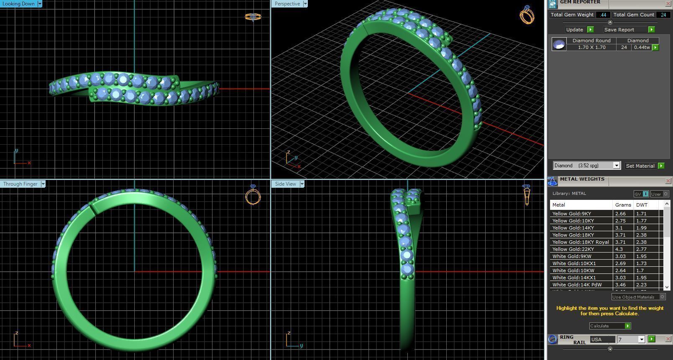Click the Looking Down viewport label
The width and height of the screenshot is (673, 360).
19,4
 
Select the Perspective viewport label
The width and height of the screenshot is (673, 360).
287,4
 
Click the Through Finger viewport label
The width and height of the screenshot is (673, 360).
20,184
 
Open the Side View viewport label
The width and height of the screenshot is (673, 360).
285,184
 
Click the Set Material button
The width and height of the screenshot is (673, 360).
640,166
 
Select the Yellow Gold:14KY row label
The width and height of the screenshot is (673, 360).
573,228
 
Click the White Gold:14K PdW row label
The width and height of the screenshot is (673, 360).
577,285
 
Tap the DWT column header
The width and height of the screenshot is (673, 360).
641,205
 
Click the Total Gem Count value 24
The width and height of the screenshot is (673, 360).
663,15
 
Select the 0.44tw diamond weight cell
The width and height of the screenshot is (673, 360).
642,47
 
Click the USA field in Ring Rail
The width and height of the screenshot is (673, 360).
602,340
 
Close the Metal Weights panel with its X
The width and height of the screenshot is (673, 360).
668,181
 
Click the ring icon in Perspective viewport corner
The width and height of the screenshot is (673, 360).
527,15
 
